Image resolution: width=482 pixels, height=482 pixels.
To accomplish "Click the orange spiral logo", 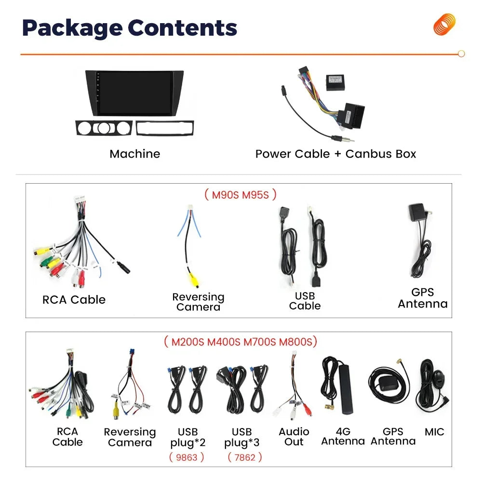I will (x=444, y=24).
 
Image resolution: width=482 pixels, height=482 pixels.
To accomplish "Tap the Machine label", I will (x=134, y=154).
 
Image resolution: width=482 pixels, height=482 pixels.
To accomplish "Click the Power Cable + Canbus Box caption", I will (x=335, y=154).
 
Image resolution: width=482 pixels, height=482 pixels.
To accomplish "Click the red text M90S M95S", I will (x=241, y=195).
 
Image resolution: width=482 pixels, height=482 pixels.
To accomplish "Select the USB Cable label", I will (x=305, y=301).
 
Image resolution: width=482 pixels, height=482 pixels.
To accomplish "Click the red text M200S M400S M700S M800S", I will (x=241, y=342).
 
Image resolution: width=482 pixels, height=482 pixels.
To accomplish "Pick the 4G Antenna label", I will (x=343, y=436).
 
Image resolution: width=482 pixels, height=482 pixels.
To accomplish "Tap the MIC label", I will (x=434, y=432).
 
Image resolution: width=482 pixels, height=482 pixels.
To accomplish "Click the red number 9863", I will (x=187, y=457).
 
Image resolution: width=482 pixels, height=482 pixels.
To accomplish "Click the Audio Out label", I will (x=294, y=436).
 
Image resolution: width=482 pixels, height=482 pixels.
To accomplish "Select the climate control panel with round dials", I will (x=103, y=128).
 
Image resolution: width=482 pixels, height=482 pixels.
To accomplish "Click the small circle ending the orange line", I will (x=461, y=54).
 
